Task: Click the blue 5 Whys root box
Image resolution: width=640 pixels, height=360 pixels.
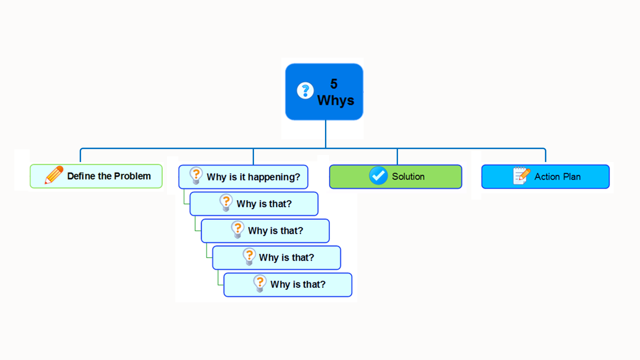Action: (324, 92)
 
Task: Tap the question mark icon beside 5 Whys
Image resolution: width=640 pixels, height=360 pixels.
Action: (305, 90)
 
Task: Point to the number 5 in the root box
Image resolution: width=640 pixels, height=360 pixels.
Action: (334, 84)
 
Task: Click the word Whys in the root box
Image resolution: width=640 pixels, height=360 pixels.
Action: (336, 100)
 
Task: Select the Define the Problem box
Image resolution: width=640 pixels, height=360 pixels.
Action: (96, 176)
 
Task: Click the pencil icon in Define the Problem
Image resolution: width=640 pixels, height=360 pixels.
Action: (54, 175)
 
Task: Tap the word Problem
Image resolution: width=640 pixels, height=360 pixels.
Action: (132, 176)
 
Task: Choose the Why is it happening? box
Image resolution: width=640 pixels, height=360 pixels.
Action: (243, 177)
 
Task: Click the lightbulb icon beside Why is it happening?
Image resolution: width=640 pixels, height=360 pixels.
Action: (196, 175)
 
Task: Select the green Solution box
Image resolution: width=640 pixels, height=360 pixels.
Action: (396, 177)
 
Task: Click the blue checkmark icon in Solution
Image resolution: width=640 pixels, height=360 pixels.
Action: (378, 175)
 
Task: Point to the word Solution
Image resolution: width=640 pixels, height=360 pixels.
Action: (408, 177)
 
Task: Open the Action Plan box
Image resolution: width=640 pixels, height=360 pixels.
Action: (545, 177)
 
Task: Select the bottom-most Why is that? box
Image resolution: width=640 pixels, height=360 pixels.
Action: (288, 285)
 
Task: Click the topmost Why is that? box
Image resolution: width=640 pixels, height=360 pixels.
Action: (254, 204)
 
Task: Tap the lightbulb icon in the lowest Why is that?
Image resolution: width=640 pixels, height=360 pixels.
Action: (260, 283)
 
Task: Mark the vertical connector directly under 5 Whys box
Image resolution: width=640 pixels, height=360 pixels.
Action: (326, 134)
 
